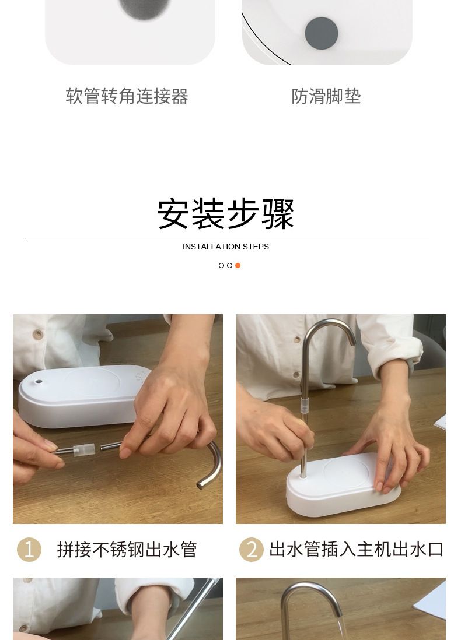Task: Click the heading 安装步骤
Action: pyautogui.click(x=226, y=213)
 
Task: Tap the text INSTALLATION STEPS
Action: pyautogui.click(x=226, y=247)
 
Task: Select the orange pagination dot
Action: pyautogui.click(x=238, y=265)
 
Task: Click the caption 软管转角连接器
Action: pyautogui.click(x=127, y=96)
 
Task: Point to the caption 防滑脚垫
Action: pyautogui.click(x=326, y=96)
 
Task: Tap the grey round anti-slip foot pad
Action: pyautogui.click(x=321, y=33)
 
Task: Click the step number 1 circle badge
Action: pyautogui.click(x=29, y=550)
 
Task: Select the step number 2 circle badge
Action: pyautogui.click(x=252, y=550)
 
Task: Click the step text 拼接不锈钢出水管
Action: pyautogui.click(x=127, y=550)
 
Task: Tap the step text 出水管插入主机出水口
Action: pyautogui.click(x=357, y=550)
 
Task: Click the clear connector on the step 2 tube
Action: pyautogui.click(x=305, y=406)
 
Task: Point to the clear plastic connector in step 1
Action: pyautogui.click(x=84, y=449)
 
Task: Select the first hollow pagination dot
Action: pyautogui.click(x=222, y=265)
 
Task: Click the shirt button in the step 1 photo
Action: pyautogui.click(x=37, y=335)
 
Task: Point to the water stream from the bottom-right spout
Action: pyautogui.click(x=343, y=628)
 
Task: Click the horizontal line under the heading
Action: pyautogui.click(x=227, y=238)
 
